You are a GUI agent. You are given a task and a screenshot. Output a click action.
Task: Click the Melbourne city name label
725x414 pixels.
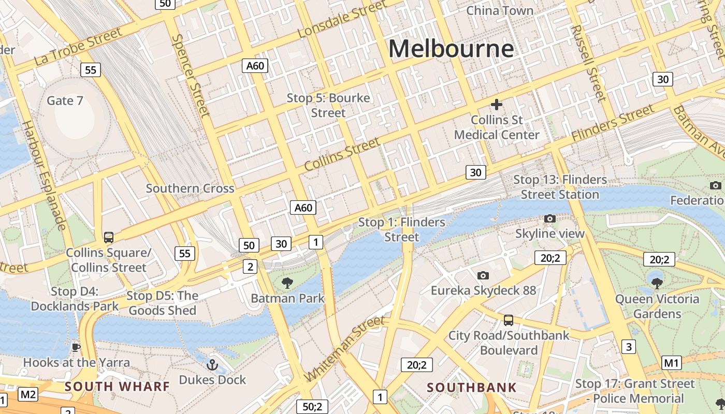pos(451,49)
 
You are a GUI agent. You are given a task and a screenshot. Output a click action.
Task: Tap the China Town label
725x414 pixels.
pos(499,10)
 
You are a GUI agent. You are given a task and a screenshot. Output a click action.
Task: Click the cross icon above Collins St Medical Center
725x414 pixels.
pos(497,105)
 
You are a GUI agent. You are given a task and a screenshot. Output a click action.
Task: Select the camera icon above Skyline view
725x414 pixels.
pos(550,219)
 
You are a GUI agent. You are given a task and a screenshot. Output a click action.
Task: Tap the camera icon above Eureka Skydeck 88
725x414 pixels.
pos(483,275)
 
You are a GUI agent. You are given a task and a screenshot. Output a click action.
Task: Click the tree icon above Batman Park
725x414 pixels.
pos(287,283)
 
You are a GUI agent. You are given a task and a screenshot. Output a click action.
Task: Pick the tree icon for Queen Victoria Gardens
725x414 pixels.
pos(657,283)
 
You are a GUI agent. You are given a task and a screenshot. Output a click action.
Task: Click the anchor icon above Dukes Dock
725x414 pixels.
pos(212,365)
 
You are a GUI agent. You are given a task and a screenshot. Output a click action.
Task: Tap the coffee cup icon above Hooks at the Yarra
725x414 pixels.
pos(76,347)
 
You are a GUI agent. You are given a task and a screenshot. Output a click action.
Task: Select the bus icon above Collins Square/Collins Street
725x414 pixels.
pos(109,238)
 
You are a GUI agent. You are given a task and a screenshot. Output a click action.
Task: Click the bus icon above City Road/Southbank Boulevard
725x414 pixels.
pos(509,320)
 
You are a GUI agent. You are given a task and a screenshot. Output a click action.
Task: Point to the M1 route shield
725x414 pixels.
pos(672,363)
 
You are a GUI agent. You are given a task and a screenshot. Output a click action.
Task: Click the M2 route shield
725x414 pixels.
pos(28,395)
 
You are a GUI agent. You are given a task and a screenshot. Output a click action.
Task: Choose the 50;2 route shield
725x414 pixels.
pos(312,407)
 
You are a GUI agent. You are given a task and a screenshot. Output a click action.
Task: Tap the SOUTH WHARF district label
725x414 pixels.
pos(117,387)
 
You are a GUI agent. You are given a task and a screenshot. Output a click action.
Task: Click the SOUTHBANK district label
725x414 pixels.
pos(472,388)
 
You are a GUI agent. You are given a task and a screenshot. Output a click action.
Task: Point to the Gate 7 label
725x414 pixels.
pos(65,100)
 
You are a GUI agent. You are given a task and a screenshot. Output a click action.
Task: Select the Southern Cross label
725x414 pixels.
pos(190,188)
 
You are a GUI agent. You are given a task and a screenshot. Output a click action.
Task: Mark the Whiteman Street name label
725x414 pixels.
pos(344,348)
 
